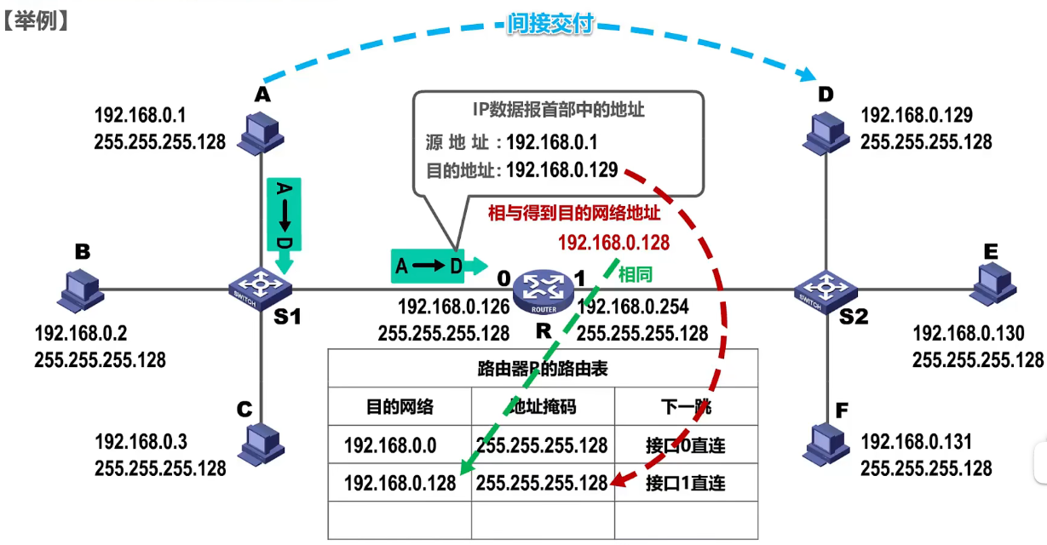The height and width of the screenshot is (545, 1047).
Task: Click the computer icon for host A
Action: (262, 131)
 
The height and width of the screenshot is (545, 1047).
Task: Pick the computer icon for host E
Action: (992, 283)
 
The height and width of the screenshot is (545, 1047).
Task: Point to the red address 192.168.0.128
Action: (613, 243)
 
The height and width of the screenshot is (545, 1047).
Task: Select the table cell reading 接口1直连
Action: (686, 484)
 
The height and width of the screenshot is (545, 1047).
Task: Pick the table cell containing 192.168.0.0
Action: (390, 445)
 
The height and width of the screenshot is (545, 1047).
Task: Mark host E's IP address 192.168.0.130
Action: (969, 333)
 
